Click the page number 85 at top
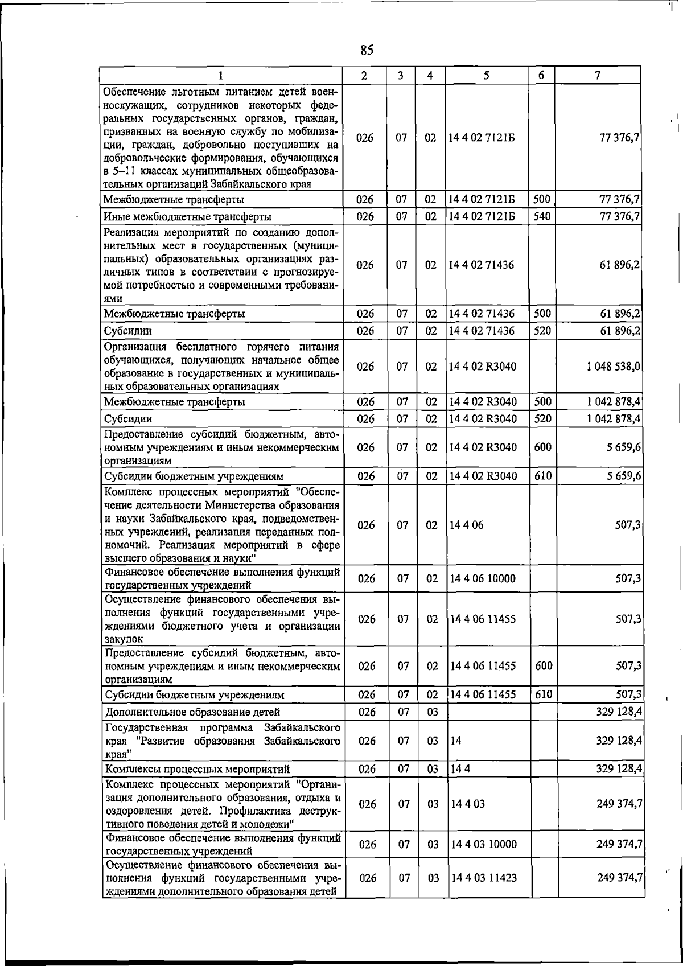[367, 51]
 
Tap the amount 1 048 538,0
[614, 367]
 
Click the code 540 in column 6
[542, 216]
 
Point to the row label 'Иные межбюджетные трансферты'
[187, 217]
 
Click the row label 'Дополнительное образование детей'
[192, 712]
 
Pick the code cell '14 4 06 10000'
[483, 578]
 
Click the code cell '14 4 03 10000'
[483, 844]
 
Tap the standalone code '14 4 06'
[467, 525]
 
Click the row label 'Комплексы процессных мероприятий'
[197, 770]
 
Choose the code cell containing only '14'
[456, 741]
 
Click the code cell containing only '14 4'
[460, 769]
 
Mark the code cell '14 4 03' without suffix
[467, 804]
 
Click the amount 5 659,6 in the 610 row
[624, 475]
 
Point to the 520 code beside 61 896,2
[542, 330]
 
